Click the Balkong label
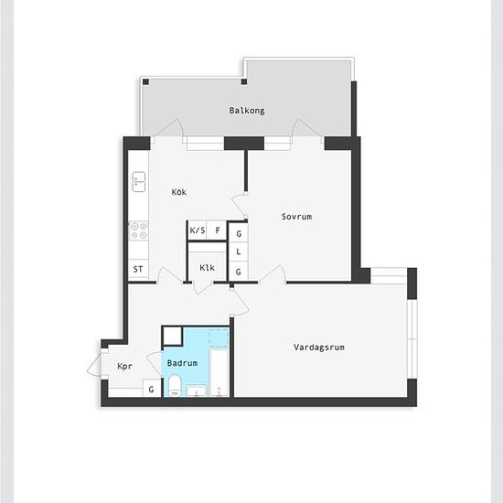click(x=247, y=111)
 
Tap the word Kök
click(x=179, y=192)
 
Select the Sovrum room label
click(x=296, y=217)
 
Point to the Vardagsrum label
click(x=319, y=348)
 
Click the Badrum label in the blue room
click(x=182, y=363)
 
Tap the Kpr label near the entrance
click(x=124, y=367)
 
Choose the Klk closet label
click(x=207, y=268)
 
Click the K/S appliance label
click(x=198, y=230)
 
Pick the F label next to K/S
click(x=218, y=230)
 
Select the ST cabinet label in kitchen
click(x=138, y=269)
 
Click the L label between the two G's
click(x=239, y=251)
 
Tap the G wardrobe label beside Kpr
click(x=151, y=390)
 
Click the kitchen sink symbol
click(x=139, y=182)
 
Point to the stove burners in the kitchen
click(x=139, y=230)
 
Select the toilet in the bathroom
click(x=176, y=385)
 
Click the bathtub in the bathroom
click(x=219, y=373)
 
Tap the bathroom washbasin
click(x=197, y=391)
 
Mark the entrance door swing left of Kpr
click(x=94, y=364)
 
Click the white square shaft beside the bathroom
click(x=173, y=336)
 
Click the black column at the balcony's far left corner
click(x=145, y=81)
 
